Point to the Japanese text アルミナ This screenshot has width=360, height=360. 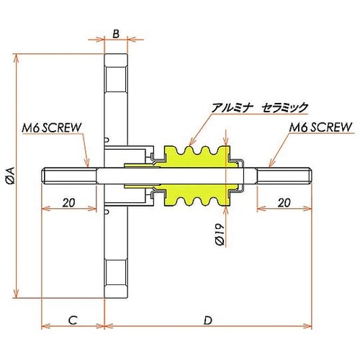tap(231, 107)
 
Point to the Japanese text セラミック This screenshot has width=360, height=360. tap(284, 107)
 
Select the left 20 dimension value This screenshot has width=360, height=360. tap(68, 202)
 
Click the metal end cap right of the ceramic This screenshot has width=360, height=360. tap(241, 175)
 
